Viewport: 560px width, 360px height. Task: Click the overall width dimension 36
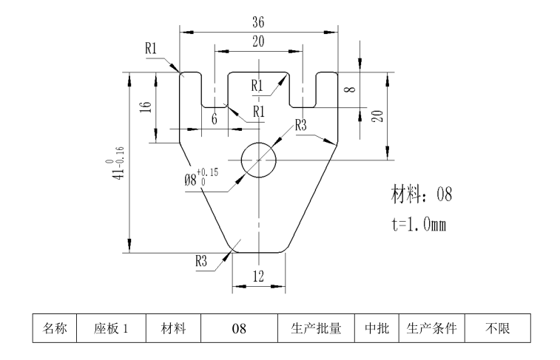[258, 23]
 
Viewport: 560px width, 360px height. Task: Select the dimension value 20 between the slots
[258, 42]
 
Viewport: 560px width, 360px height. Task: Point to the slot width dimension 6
[215, 119]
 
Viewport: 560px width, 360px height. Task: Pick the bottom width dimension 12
[258, 275]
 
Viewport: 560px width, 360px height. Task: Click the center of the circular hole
[258, 160]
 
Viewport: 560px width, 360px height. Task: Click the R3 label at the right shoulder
[301, 126]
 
